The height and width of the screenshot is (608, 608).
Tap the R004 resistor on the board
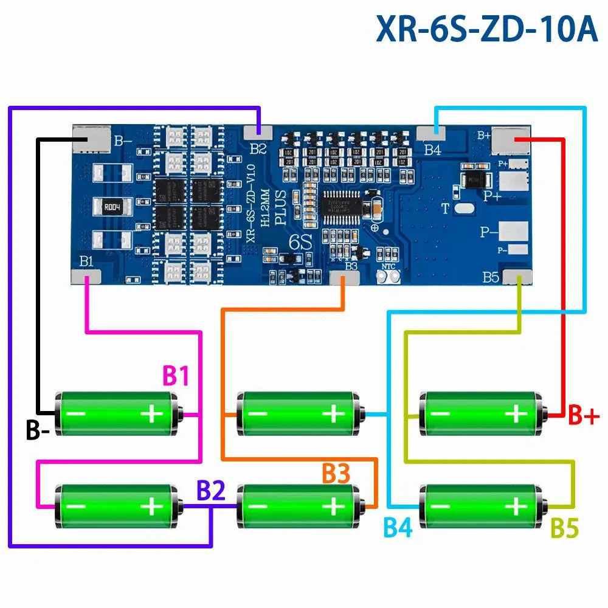(111, 206)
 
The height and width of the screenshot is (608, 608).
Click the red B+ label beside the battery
(584, 416)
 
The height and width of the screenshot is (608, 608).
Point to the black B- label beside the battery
(38, 430)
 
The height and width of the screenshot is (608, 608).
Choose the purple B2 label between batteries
(211, 490)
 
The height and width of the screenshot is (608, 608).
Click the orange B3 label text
(336, 474)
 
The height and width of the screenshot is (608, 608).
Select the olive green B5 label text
(564, 528)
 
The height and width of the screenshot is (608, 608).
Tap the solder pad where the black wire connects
(91, 138)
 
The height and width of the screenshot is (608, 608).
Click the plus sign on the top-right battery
(516, 414)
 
